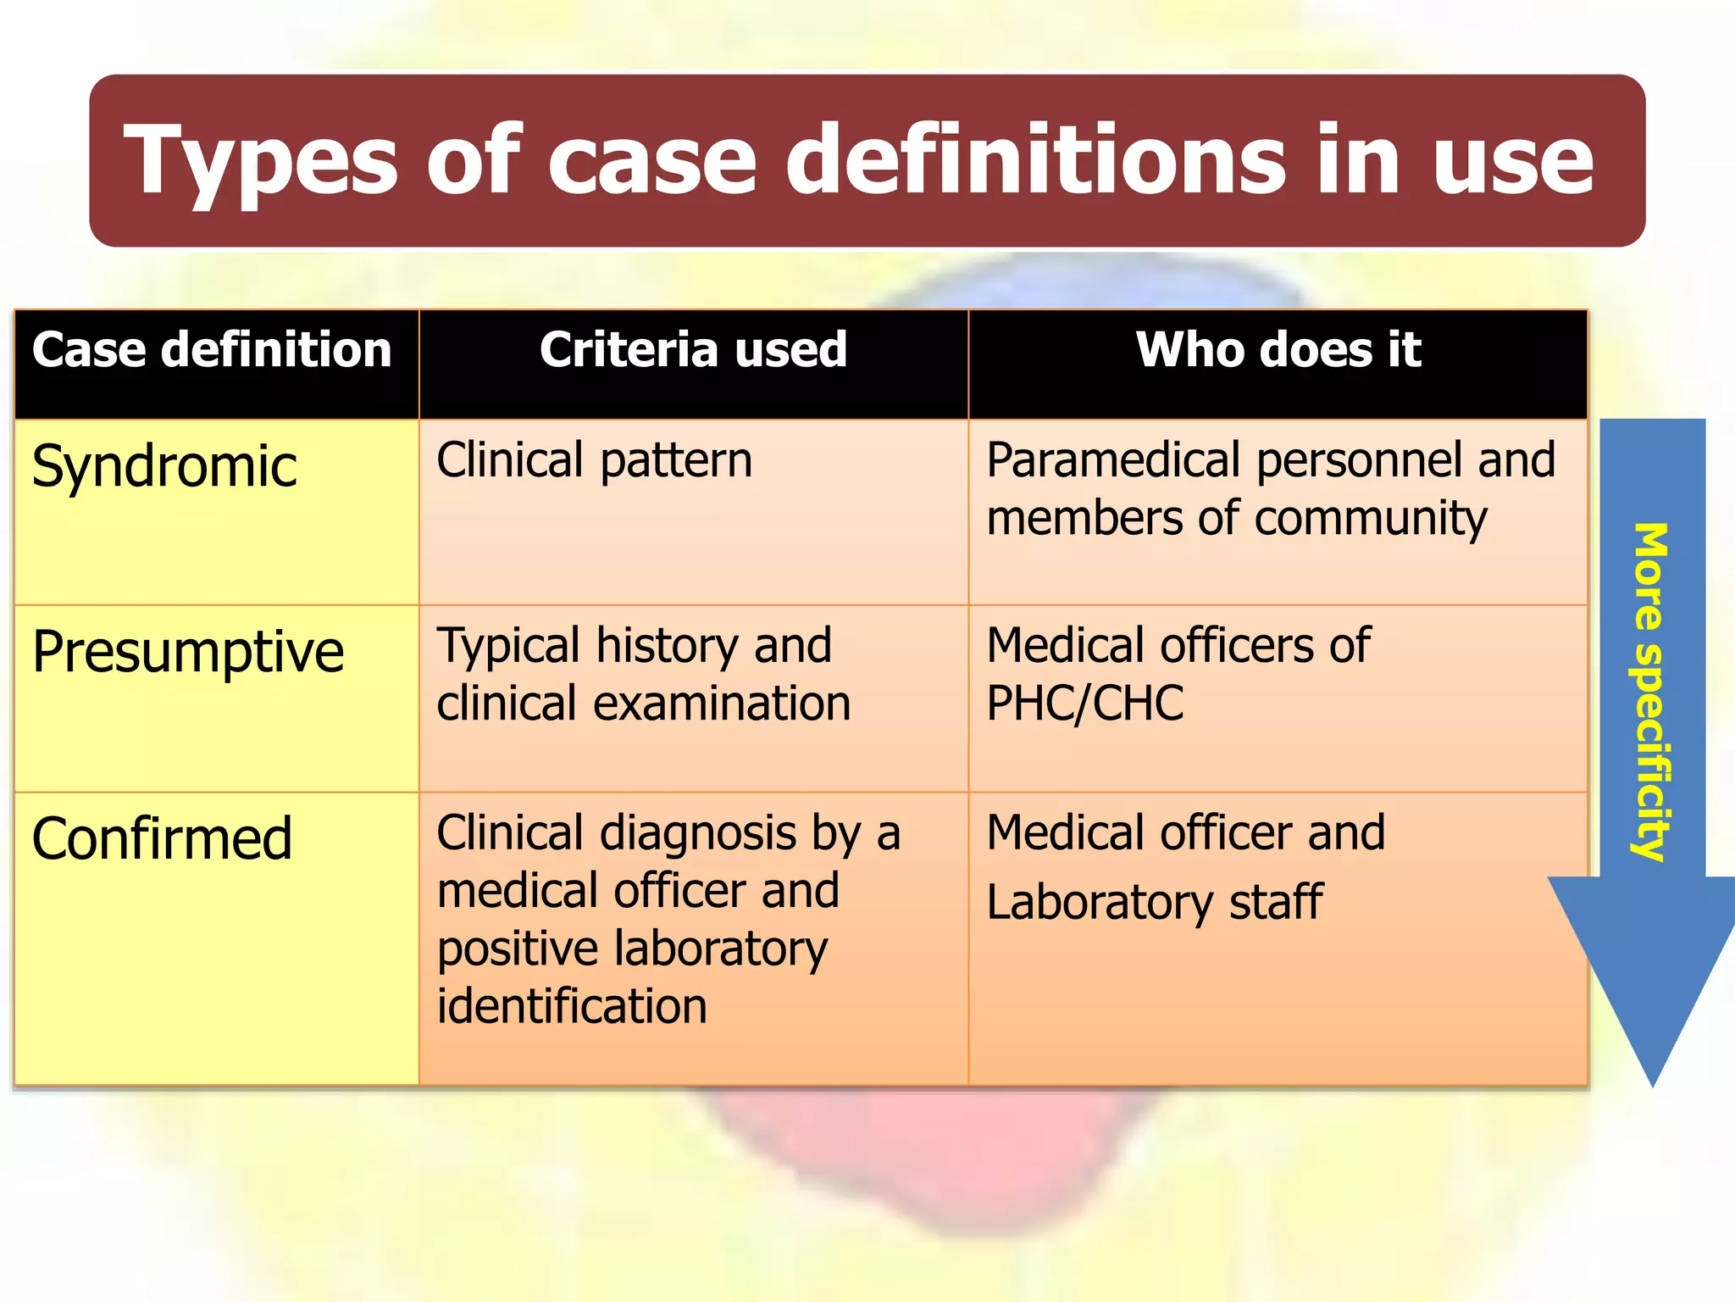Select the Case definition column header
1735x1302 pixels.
click(212, 350)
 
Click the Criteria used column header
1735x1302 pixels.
click(693, 350)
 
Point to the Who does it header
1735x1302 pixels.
click(1278, 350)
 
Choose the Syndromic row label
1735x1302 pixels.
click(164, 467)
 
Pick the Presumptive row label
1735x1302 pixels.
click(188, 653)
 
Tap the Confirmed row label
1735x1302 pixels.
click(162, 839)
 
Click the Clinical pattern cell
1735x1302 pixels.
click(594, 461)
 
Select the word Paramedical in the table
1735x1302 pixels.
click(1113, 461)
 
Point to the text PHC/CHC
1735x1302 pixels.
click(1084, 704)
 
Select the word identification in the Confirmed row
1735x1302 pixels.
click(572, 1006)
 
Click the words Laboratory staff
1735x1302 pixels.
click(1154, 902)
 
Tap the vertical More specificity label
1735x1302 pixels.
click(1650, 691)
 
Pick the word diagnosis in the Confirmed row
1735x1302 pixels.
click(698, 833)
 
